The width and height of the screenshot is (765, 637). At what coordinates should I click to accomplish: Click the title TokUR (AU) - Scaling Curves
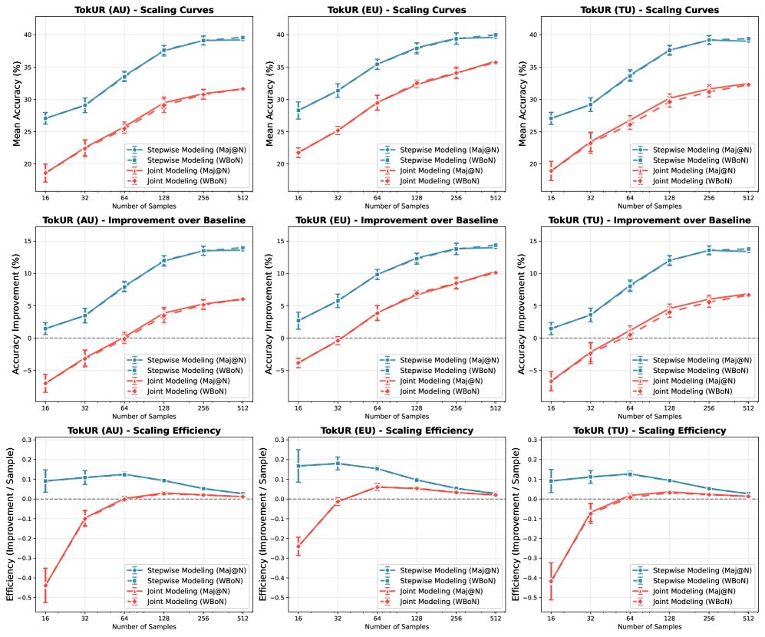[x=143, y=10]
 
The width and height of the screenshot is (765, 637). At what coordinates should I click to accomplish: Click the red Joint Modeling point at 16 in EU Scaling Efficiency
[x=298, y=546]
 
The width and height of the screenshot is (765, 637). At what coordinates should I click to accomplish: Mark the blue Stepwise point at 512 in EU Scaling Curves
[x=495, y=35]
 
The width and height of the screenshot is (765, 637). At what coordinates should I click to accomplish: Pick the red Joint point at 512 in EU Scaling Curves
[x=495, y=62]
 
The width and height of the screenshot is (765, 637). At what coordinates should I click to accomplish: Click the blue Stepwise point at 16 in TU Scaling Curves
[x=551, y=118]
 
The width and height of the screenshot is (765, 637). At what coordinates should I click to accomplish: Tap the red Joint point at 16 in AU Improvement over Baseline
[x=45, y=382]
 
